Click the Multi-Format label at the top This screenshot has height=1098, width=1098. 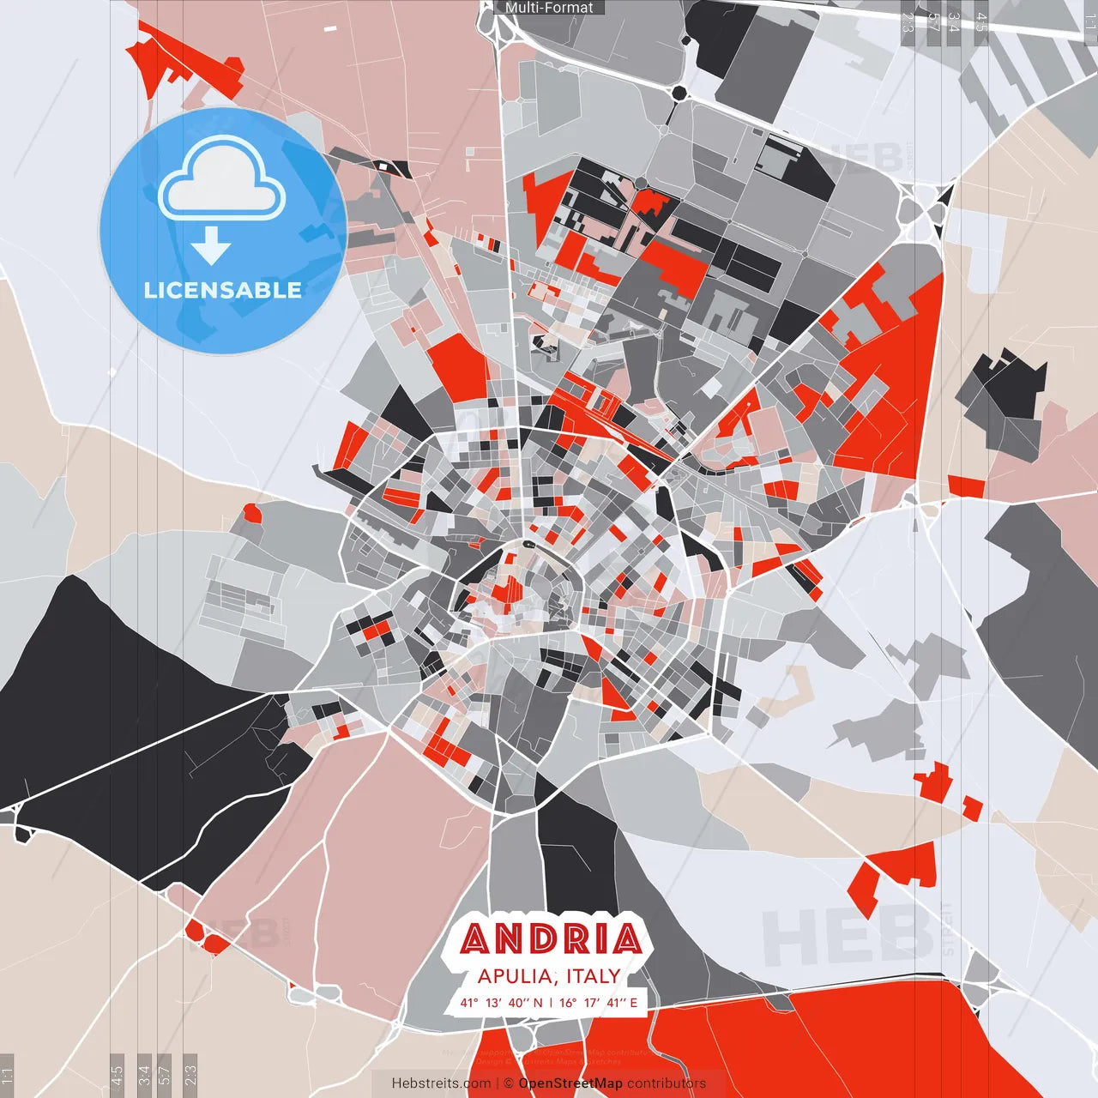point(549,8)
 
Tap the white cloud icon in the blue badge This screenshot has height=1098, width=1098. point(222,177)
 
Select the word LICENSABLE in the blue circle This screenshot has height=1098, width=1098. point(223,290)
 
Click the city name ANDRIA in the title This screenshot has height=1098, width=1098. point(550,940)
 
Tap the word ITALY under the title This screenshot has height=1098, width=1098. point(592,976)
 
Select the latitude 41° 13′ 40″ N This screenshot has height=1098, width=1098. point(501,1002)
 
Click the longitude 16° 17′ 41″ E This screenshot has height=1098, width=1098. point(599,1002)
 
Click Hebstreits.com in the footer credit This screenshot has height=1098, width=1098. point(442,1083)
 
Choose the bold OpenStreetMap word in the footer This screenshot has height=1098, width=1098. point(570,1083)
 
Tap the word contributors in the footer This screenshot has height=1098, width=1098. point(667,1083)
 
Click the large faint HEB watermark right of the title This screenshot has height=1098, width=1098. point(845,936)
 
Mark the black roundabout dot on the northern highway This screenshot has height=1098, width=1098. point(680,93)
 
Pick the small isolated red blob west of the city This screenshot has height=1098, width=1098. point(251,513)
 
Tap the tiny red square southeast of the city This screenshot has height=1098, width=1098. point(972,807)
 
